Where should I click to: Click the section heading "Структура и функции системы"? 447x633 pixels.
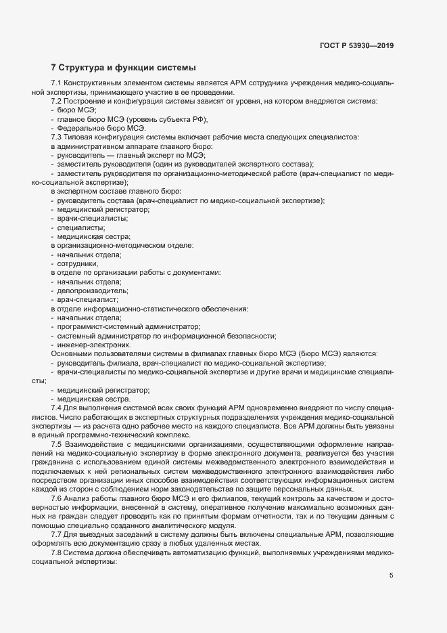(127, 68)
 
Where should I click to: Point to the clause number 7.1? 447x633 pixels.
(57, 83)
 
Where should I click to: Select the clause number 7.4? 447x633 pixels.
(57, 409)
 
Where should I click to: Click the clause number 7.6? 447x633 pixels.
(57, 498)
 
